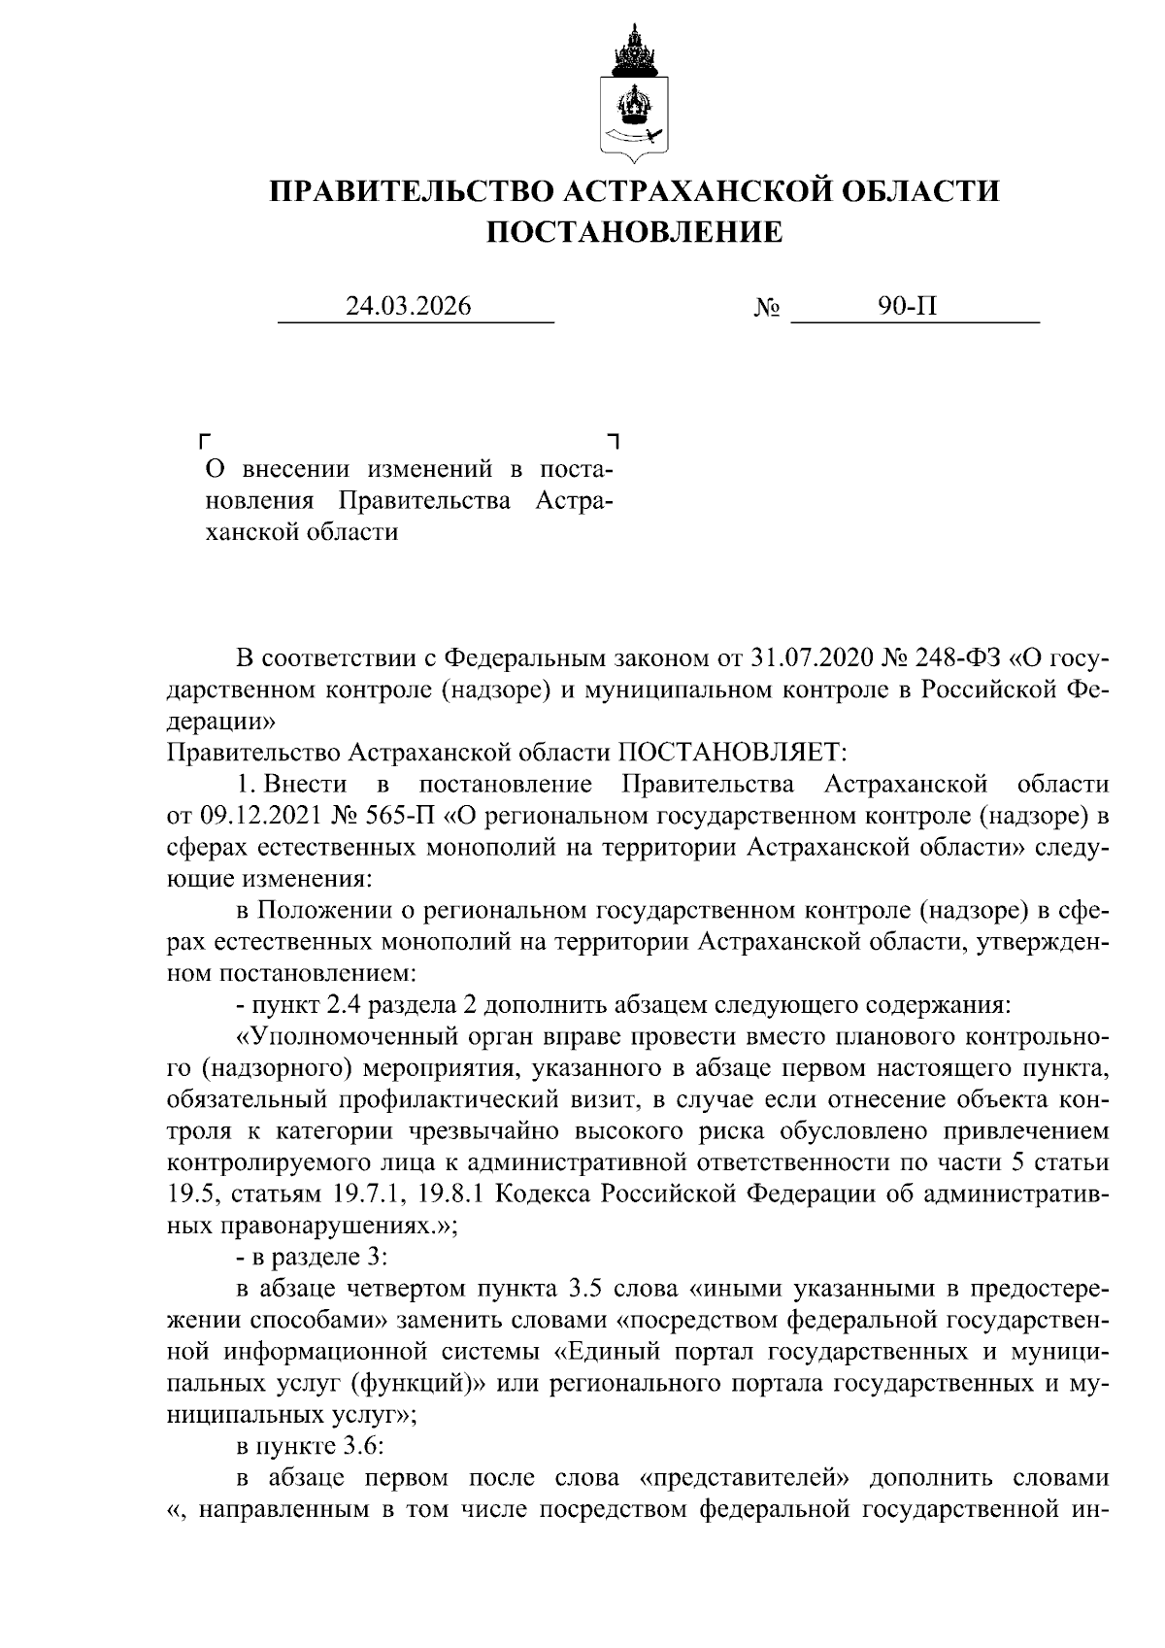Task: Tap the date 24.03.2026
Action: click(x=409, y=307)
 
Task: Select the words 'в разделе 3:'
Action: click(x=312, y=1257)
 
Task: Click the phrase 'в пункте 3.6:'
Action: click(x=311, y=1446)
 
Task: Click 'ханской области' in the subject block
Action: click(x=302, y=532)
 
